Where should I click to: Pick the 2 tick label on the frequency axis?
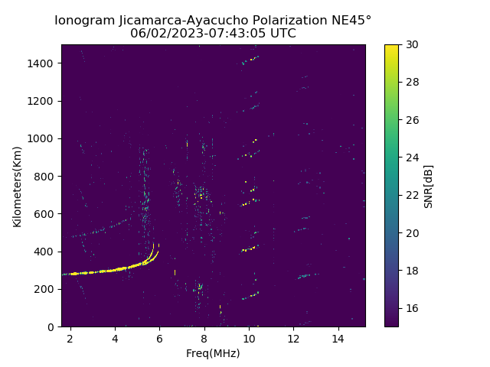coord(70,338)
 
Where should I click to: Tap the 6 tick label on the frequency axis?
coord(159,338)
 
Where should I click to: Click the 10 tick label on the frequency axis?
coord(249,338)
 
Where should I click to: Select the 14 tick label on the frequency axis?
coord(338,338)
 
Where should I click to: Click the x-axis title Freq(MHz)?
coord(213,353)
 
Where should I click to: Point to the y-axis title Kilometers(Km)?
coord(18,186)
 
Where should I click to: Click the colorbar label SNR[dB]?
coord(429,186)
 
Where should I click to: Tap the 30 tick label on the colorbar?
coord(411,45)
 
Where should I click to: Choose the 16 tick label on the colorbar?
coord(411,308)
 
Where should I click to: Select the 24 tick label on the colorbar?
coord(411,158)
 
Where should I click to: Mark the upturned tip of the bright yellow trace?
coord(154,245)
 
